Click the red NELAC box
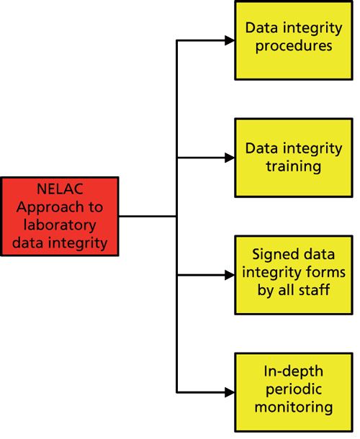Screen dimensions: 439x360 60,216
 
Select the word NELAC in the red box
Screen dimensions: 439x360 60,190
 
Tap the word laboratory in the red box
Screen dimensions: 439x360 60,225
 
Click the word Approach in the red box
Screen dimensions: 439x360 49,207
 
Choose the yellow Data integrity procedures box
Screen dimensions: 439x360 294,40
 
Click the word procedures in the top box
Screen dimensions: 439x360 294,46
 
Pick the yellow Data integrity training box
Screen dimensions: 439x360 294,157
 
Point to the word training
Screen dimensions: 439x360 294,166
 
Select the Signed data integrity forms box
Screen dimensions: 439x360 294,274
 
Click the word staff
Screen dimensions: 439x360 313,291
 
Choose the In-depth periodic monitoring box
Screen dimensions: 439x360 294,392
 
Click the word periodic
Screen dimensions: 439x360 294,390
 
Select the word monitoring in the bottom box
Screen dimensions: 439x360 294,407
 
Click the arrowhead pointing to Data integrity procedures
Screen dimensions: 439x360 230,40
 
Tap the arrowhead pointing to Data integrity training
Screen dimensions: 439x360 230,158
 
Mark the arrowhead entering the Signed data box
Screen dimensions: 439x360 230,274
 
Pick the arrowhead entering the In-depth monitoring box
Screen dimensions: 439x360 230,392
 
